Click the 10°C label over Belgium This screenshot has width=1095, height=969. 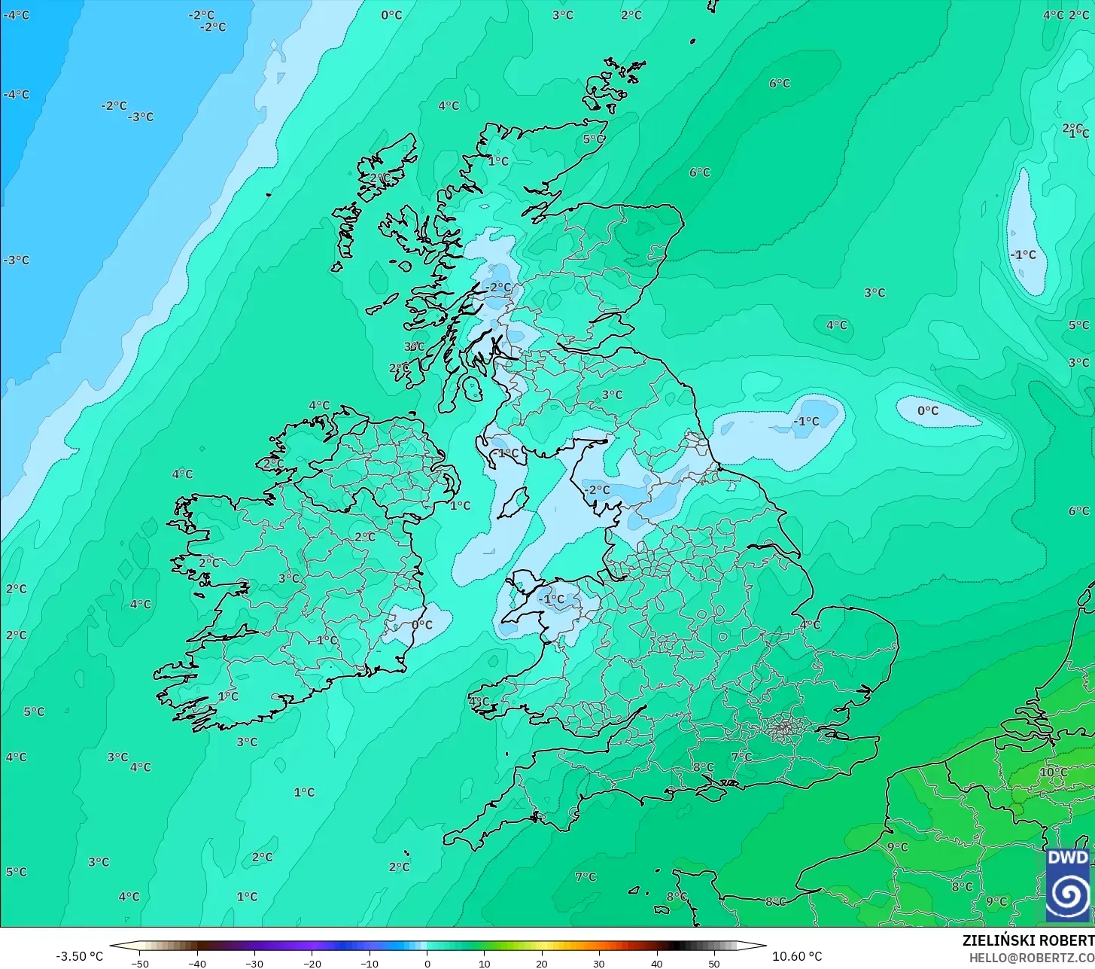[x=1054, y=772]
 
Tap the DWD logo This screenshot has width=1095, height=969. [x=1068, y=885]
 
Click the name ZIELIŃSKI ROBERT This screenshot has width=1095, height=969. [x=1027, y=940]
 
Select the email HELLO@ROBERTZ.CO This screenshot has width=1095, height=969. [x=1031, y=958]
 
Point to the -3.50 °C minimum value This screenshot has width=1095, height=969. [x=80, y=956]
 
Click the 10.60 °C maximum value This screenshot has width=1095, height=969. [x=797, y=956]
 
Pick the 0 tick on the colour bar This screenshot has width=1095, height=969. [x=427, y=963]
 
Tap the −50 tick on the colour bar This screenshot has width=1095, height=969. [x=139, y=963]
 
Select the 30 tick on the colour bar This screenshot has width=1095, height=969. [x=599, y=963]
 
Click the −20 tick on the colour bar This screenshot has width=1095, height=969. [x=312, y=963]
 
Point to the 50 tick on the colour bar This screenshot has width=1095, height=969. [x=714, y=963]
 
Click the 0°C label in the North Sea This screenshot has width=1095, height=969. [x=928, y=410]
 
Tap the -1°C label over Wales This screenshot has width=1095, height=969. [x=552, y=599]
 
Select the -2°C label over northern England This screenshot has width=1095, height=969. [x=597, y=489]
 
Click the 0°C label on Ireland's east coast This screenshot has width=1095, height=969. [x=422, y=624]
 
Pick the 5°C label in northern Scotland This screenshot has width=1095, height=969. [x=594, y=139]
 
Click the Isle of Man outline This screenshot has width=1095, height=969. [x=514, y=502]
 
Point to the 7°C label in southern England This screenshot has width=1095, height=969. [x=741, y=756]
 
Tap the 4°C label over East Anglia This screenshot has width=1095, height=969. [x=810, y=625]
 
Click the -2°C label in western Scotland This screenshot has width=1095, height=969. [x=498, y=287]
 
